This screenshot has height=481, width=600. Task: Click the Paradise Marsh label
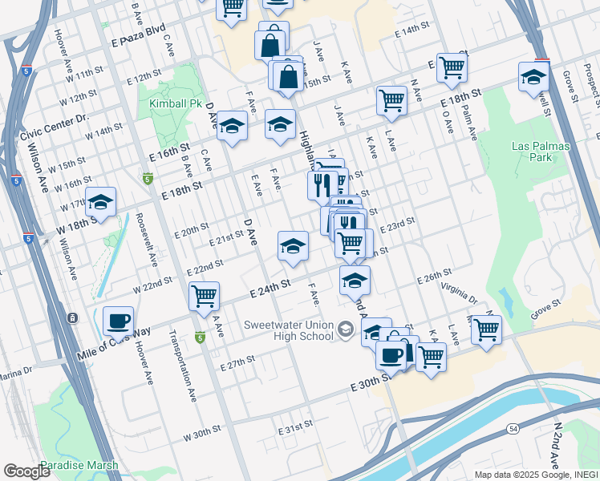(x=79, y=465)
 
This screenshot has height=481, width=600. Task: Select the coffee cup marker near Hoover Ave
(x=119, y=322)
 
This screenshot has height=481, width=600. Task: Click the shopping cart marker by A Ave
(x=205, y=296)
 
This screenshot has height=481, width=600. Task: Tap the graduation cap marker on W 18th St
(x=101, y=203)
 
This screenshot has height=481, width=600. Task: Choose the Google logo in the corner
(x=26, y=471)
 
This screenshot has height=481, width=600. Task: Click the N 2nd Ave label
(x=556, y=444)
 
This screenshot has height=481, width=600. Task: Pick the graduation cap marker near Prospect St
(x=533, y=78)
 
